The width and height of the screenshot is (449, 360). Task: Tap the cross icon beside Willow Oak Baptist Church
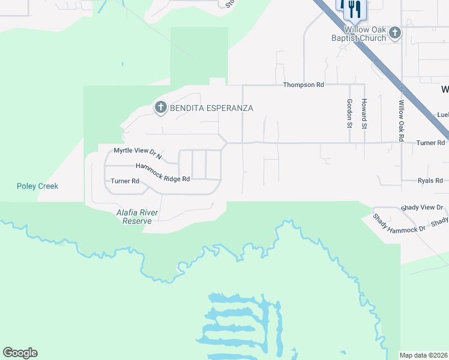point(395,32)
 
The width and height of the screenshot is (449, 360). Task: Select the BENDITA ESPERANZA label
point(212,108)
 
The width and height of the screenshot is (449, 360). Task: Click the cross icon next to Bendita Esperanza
point(160,107)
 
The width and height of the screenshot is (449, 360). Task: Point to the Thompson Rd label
point(304,85)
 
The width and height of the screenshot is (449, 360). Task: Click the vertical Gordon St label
point(349,114)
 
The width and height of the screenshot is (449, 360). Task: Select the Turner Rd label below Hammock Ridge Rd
point(125,181)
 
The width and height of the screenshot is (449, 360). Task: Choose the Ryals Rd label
point(430,180)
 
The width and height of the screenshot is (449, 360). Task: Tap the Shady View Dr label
point(423,207)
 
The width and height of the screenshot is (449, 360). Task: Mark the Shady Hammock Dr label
point(399,223)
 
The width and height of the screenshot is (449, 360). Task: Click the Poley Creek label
point(37,186)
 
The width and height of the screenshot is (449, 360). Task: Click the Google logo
point(20,353)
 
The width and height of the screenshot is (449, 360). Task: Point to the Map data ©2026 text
point(424,355)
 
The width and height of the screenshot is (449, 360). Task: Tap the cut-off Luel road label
point(442,115)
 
